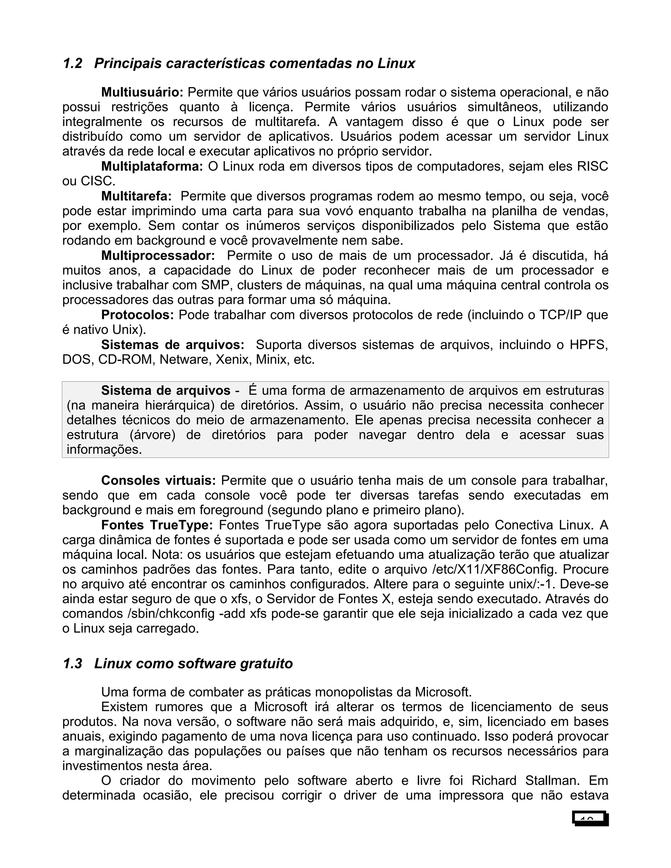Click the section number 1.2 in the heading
[x=72, y=64]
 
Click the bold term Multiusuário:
[x=142, y=93]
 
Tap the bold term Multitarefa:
[x=136, y=196]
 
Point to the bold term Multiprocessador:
[x=158, y=255]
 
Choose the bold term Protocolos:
[x=138, y=315]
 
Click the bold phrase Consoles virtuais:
[x=158, y=481]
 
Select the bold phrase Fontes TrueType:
[x=157, y=525]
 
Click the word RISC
[x=592, y=166]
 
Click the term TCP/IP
[x=561, y=315]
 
